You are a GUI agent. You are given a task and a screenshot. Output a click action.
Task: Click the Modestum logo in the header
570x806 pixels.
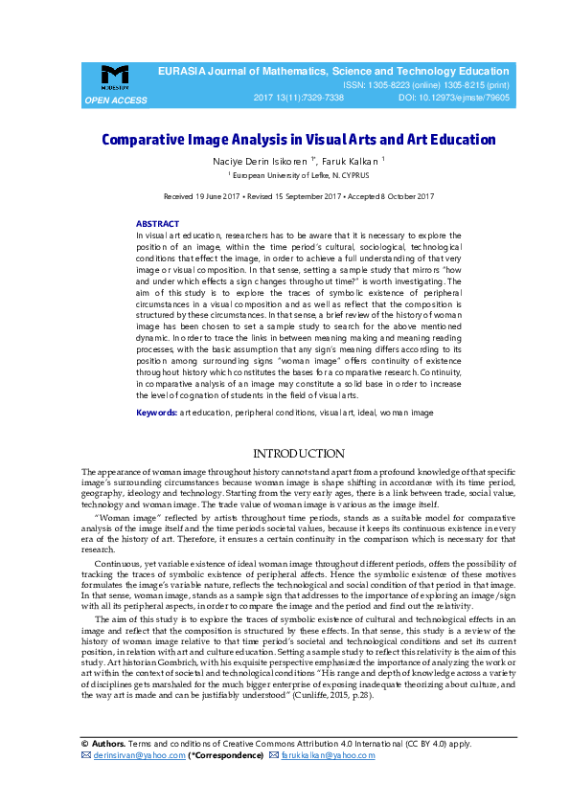click(115, 77)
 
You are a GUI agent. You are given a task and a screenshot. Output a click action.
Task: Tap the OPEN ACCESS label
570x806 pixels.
click(116, 100)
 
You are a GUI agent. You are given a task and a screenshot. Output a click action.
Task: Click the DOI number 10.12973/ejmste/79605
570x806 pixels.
click(467, 98)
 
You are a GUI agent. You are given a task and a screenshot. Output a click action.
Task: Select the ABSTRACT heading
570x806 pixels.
click(157, 223)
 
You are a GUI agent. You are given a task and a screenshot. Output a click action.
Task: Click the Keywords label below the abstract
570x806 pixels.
click(156, 412)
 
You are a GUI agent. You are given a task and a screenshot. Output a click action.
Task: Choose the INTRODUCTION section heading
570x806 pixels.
click(298, 453)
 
